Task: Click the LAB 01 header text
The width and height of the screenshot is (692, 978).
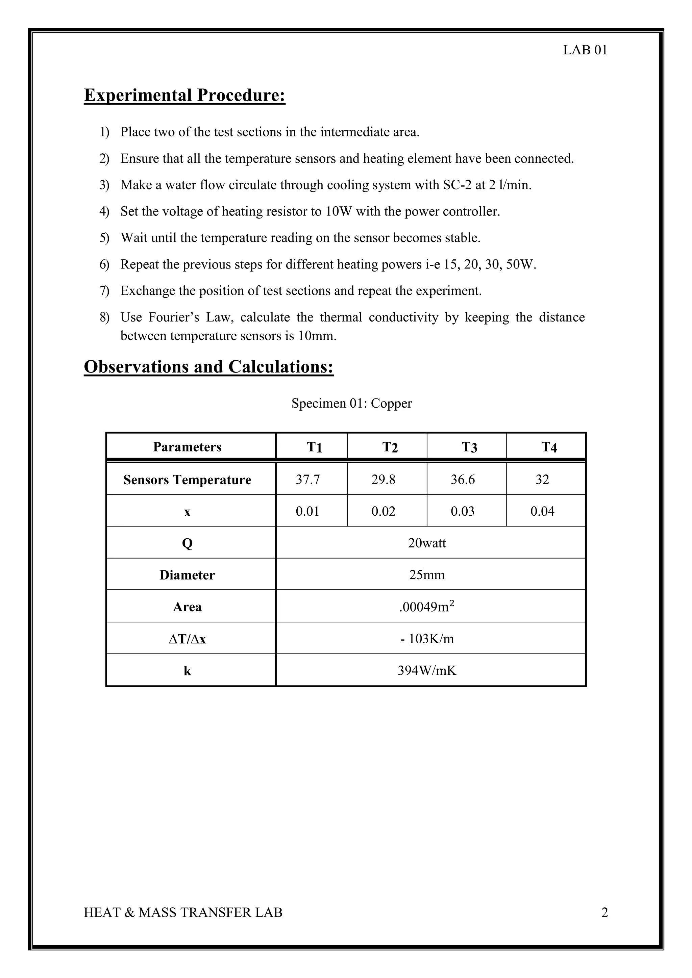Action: click(585, 50)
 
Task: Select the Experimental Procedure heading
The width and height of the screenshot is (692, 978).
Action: click(184, 95)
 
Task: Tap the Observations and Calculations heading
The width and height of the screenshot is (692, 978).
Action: click(208, 367)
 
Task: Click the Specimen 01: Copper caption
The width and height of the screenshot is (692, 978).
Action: click(351, 403)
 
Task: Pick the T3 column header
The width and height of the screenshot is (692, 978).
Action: click(469, 447)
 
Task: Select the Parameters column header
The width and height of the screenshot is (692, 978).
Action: click(187, 447)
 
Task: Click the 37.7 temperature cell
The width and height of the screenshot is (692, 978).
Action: click(308, 480)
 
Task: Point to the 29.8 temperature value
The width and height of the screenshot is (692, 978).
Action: click(383, 480)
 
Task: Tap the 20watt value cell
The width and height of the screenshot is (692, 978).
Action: click(427, 543)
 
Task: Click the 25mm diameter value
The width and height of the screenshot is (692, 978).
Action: click(427, 575)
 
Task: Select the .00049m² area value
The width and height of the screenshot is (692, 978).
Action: click(427, 607)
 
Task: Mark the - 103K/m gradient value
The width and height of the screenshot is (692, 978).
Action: click(427, 639)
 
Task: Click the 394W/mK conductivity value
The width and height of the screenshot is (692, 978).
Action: click(427, 671)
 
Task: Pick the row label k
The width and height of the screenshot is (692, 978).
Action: click(187, 671)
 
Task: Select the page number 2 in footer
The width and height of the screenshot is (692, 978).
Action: click(604, 912)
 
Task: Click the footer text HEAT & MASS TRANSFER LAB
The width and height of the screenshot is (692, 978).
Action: click(183, 912)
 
